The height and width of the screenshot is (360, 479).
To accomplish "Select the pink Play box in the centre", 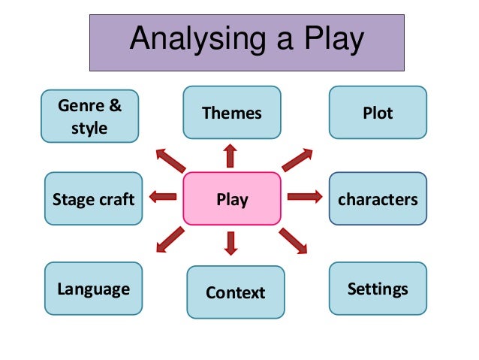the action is [x=232, y=199].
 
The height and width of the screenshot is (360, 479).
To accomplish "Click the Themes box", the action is [x=232, y=113].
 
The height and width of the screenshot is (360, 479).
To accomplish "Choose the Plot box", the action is [x=378, y=113].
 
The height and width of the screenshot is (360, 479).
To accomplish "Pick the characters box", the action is [x=378, y=199].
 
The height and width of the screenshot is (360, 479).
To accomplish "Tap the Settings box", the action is [x=378, y=289].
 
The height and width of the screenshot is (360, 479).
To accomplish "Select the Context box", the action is [x=236, y=292].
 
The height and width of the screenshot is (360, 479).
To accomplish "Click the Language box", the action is [x=93, y=289].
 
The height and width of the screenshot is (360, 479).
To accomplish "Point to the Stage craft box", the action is [x=93, y=199].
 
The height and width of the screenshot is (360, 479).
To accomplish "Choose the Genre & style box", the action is [x=89, y=116].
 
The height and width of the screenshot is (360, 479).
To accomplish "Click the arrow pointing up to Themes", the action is [x=230, y=156].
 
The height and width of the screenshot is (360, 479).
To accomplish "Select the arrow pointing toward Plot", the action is [x=297, y=160].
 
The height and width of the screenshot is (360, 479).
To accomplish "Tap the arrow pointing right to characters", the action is [x=304, y=197].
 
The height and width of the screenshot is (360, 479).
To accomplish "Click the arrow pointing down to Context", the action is [x=230, y=242].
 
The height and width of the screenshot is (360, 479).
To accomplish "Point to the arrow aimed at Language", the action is [x=170, y=240].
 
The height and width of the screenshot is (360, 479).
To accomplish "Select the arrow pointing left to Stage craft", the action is [x=163, y=197].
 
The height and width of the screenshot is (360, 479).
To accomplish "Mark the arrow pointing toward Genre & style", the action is [x=170, y=160].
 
